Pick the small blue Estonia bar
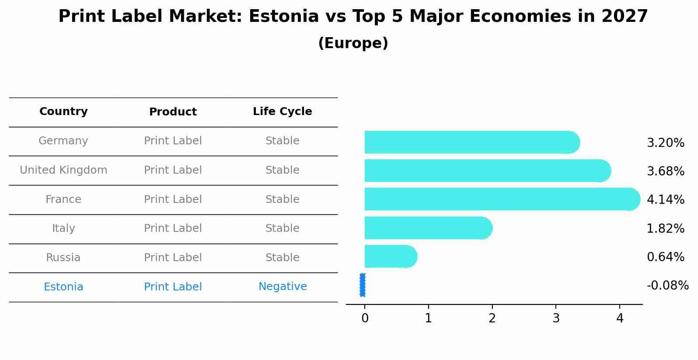click(363, 285)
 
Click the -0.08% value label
click(667, 286)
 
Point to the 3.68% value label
click(665, 171)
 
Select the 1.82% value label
click(665, 228)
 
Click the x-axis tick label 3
click(556, 318)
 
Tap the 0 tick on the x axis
click(365, 318)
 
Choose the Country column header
click(63, 112)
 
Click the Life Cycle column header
click(283, 112)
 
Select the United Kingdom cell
click(63, 170)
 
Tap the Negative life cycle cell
click(283, 287)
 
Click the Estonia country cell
click(63, 287)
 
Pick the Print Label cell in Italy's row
click(173, 228)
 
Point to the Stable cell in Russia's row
click(283, 258)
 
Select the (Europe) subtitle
click(353, 43)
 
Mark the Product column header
click(173, 112)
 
